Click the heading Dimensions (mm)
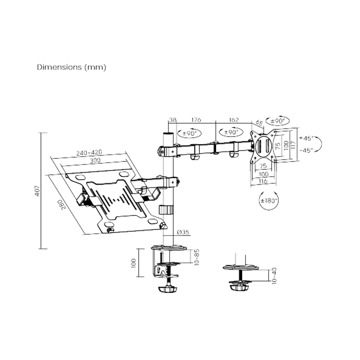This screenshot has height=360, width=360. pyautogui.click(x=72, y=67)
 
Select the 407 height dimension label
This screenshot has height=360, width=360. pyautogui.click(x=37, y=190)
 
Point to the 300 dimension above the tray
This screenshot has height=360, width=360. pyautogui.click(x=95, y=161)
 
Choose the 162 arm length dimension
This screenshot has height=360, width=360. pyautogui.click(x=234, y=120)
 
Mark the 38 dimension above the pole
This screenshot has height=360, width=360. pyautogui.click(x=172, y=120)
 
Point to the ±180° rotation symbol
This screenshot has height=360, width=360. pyautogui.click(x=269, y=200)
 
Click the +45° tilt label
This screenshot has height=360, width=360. pyautogui.click(x=306, y=138)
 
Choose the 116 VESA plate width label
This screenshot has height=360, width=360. pyautogui.click(x=263, y=181)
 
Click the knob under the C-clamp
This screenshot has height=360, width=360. pyautogui.click(x=168, y=289)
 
